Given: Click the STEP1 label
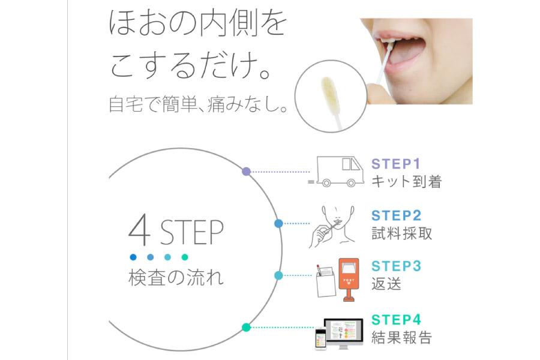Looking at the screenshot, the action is [x=396, y=164].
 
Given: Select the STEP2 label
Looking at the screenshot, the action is [x=397, y=215].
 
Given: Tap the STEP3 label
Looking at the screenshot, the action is [x=397, y=266].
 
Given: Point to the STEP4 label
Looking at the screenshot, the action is [x=397, y=320].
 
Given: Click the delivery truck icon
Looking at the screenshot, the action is [x=336, y=172].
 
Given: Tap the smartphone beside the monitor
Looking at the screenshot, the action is [x=320, y=338].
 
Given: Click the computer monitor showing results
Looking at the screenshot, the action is [x=344, y=333].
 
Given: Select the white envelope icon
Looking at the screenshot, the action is [x=325, y=282].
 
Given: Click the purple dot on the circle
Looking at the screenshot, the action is [x=246, y=171].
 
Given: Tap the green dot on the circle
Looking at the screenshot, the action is [x=246, y=327].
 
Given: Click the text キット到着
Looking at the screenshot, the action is [x=406, y=182].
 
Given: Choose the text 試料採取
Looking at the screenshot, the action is [x=401, y=233].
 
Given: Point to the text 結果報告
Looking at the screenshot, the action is [x=401, y=337].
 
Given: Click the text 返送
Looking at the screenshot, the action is [x=386, y=284].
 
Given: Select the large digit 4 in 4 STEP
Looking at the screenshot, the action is [x=139, y=230].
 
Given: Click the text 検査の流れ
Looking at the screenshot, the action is [x=176, y=278].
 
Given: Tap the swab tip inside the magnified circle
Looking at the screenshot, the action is [x=331, y=92].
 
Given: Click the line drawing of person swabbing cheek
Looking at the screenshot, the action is [x=332, y=226].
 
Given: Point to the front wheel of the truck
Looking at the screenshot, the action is [x=351, y=183].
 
